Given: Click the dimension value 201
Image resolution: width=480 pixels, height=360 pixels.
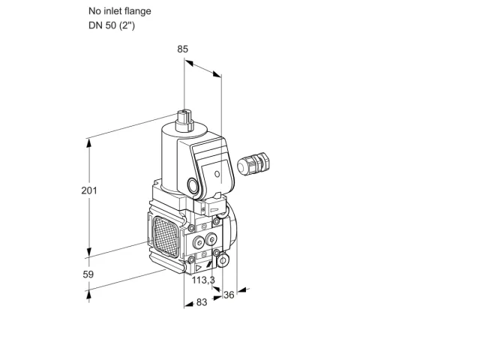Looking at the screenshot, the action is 89,190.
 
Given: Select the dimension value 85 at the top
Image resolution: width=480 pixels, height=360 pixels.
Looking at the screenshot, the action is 183,49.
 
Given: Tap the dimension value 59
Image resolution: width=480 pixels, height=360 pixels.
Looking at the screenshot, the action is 88,274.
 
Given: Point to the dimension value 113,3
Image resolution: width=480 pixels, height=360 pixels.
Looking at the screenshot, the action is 203,280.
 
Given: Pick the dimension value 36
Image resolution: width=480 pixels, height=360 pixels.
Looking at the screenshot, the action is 229,295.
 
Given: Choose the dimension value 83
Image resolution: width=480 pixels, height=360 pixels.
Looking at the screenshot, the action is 202,302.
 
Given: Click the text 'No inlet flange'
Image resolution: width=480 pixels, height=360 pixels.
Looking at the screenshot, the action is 120,11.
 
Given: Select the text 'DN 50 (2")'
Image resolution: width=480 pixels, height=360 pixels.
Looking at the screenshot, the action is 112,25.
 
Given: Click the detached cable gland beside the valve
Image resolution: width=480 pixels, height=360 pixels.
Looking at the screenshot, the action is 253,163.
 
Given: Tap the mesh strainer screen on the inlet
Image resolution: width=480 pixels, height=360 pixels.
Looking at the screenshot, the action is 166,236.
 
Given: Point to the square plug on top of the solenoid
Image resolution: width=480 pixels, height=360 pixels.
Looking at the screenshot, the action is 184,121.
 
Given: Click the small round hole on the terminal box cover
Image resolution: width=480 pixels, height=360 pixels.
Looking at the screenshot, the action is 217,174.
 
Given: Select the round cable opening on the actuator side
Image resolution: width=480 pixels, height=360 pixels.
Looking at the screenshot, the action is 193,186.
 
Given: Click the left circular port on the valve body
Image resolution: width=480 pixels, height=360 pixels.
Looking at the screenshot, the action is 198,243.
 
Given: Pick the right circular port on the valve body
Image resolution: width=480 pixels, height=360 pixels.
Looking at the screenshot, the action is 211,239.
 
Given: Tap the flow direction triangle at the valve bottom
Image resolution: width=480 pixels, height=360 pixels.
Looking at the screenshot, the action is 198,268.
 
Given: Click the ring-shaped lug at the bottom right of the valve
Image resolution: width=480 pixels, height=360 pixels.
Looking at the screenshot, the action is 223,260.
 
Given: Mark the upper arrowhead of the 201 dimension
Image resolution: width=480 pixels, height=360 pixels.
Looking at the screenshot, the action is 89,143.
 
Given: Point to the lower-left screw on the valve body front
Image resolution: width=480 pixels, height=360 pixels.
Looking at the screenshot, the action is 191,260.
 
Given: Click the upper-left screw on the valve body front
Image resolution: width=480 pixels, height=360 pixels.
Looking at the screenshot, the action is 192,228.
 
